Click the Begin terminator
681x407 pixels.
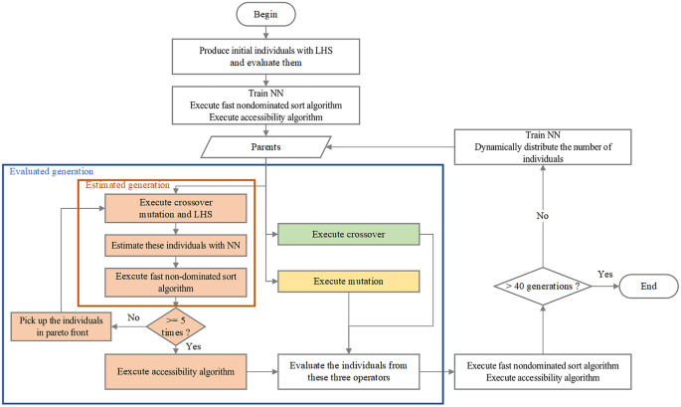(265, 14)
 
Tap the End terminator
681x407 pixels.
(648, 287)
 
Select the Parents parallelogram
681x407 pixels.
(265, 147)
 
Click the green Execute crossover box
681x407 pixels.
(348, 235)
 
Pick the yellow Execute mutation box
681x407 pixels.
(348, 282)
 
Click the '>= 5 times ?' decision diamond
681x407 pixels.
(176, 326)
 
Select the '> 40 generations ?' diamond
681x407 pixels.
(543, 287)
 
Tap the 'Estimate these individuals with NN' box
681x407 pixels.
(176, 246)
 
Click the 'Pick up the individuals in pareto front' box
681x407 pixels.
(62, 326)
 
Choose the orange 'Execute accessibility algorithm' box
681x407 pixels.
(176, 372)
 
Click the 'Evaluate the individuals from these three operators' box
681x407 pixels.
(348, 372)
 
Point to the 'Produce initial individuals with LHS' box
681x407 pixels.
(265, 57)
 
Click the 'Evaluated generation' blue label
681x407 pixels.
(52, 171)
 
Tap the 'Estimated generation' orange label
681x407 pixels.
(127, 185)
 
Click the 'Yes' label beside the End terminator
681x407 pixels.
(605, 275)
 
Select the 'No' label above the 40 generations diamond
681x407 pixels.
(543, 216)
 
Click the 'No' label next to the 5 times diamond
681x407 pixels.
(133, 317)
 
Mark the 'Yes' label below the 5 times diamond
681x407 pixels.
(193, 346)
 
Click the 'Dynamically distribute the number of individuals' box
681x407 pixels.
(543, 147)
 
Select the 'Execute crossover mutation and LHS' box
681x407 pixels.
(176, 208)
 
